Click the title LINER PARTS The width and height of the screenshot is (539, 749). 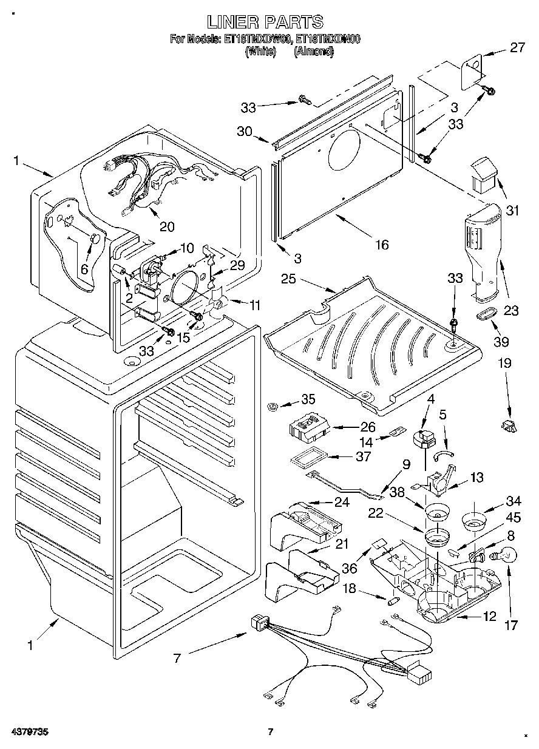pos(265,22)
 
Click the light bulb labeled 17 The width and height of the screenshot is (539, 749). pos(505,554)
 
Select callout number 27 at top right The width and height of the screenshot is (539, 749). pos(517,48)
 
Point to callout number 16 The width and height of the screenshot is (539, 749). pos(381,245)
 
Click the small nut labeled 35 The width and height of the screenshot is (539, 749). pos(273,404)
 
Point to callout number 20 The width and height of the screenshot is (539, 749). pos(166,226)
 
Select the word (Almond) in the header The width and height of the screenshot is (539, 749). pos(314,52)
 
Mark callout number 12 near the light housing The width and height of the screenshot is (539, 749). pos(489,617)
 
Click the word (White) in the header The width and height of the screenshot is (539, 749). pos(260,52)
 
